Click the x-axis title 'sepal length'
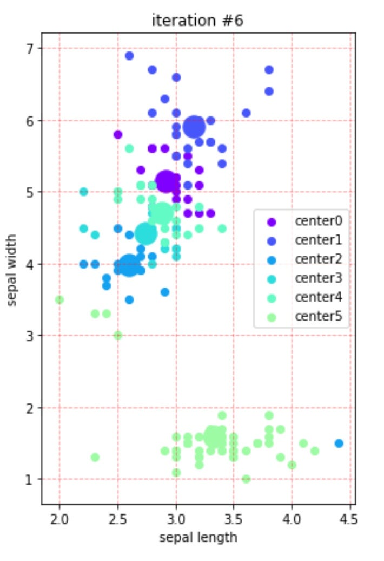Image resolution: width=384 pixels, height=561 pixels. coord(198,537)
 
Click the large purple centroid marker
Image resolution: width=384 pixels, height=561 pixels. coord(167,181)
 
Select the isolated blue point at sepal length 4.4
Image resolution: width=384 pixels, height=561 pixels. coord(339,443)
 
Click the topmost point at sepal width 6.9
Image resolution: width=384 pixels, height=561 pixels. coord(129,56)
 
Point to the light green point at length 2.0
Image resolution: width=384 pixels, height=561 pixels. coord(59,299)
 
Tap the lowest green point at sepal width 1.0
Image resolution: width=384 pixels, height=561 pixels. coord(246,479)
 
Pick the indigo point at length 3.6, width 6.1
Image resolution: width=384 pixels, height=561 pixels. coord(246,113)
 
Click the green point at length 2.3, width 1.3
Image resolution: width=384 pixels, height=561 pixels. coord(95,458)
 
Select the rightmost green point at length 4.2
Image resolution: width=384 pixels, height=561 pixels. coord(315,451)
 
